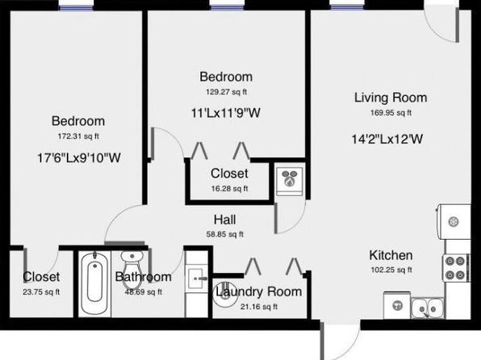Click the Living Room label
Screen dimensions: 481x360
coord(391,98)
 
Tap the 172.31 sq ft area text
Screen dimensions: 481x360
coord(78,136)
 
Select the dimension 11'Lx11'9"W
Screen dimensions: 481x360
coord(226,113)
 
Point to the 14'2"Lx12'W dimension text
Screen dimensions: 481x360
coord(387,140)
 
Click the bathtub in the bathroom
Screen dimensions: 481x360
coord(94,284)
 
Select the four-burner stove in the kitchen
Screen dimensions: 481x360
coord(455,268)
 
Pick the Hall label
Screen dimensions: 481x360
coord(225,220)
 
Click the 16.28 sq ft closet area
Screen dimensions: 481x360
coord(229,189)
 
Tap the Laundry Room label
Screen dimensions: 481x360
coord(258,292)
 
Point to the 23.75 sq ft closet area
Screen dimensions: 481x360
coord(41,292)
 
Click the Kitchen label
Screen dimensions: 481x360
coord(391,255)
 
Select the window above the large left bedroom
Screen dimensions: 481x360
coord(76,7)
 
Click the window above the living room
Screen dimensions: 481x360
coord(347,7)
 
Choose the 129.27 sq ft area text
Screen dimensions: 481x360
coord(226,92)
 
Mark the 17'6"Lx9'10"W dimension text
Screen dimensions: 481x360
coord(79,158)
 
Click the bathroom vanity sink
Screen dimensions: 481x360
coord(197,278)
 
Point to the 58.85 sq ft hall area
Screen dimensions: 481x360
coord(225,234)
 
